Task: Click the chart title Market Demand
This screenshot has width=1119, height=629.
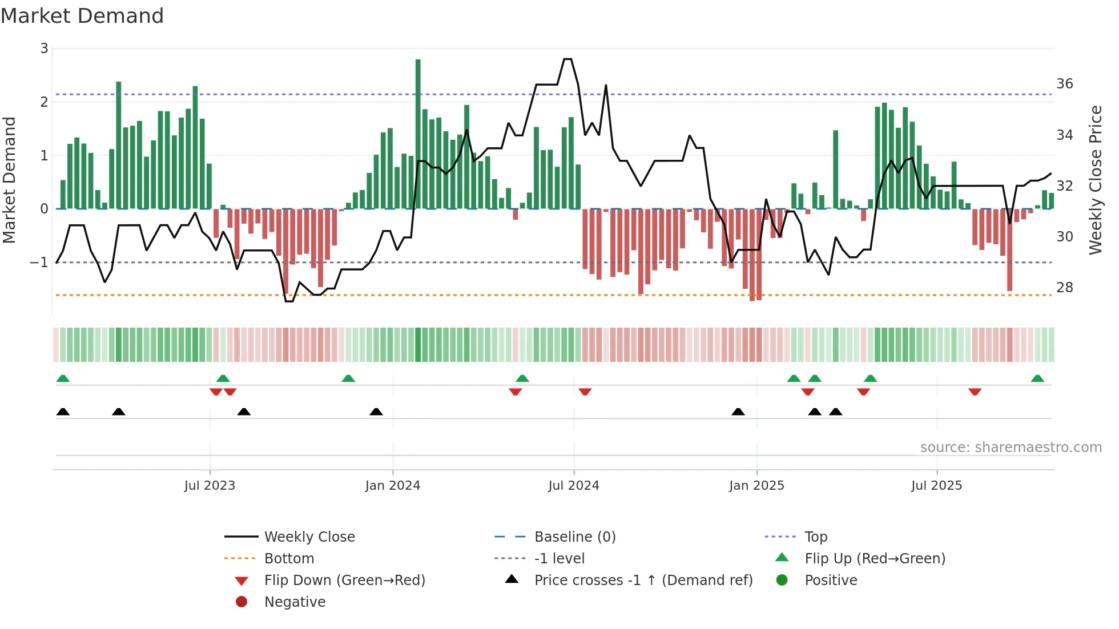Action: click(82, 16)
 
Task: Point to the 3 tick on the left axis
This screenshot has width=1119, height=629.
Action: click(44, 49)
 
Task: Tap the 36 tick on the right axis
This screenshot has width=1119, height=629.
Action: click(1064, 84)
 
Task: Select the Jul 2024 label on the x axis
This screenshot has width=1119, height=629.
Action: click(573, 486)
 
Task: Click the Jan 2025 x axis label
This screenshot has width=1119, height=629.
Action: click(756, 486)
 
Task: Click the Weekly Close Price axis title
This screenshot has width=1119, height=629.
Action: click(1095, 180)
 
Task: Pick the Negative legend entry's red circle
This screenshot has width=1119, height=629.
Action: click(241, 602)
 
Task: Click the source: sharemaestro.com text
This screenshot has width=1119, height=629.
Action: click(1011, 447)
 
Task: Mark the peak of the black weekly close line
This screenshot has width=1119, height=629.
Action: click(567, 59)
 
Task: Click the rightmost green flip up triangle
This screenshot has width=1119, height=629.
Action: click(1037, 378)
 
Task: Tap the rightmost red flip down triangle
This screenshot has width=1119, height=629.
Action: click(975, 392)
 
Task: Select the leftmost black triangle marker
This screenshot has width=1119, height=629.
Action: click(63, 412)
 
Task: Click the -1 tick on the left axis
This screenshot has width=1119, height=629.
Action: click(39, 263)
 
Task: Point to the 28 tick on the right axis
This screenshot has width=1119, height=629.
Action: click(1064, 288)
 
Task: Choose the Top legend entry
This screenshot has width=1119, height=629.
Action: click(815, 537)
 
